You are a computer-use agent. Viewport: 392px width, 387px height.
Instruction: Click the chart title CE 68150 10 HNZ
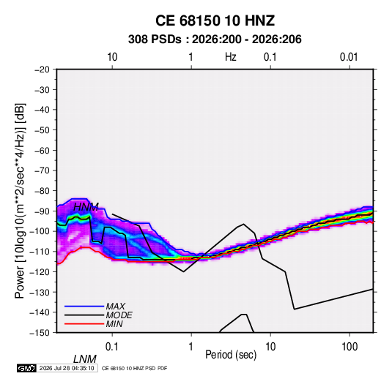pos(215,20)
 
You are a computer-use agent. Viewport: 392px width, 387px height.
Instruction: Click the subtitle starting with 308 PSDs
pos(215,40)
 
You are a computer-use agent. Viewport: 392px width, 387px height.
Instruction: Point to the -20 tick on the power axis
pos(42,69)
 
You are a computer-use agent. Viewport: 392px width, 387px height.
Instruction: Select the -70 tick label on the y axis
pos(42,170)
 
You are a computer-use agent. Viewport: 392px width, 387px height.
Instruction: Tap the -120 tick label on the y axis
pos(40,271)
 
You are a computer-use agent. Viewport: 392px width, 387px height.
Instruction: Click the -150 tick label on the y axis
pos(40,333)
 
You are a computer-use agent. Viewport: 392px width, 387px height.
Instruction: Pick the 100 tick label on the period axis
pos(350,347)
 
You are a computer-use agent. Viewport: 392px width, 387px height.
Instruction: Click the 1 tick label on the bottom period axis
pos(191,347)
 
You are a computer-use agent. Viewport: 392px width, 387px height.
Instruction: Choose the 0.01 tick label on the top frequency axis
pos(349,57)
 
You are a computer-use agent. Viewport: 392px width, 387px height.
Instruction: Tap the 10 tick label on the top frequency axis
pos(112,57)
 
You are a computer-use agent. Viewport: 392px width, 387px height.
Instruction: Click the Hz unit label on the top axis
pos(231,57)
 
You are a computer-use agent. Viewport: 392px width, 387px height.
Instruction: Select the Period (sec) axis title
pos(231,355)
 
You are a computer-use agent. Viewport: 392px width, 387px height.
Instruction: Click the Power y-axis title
pos(20,200)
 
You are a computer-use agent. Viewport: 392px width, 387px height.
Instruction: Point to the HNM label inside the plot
pos(86,207)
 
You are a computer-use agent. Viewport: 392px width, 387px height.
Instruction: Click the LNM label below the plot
pos(85,359)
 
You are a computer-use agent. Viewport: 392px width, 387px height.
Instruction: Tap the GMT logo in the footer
pos(27,368)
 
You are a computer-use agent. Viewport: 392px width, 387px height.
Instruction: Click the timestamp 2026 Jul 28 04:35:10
pos(67,368)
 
